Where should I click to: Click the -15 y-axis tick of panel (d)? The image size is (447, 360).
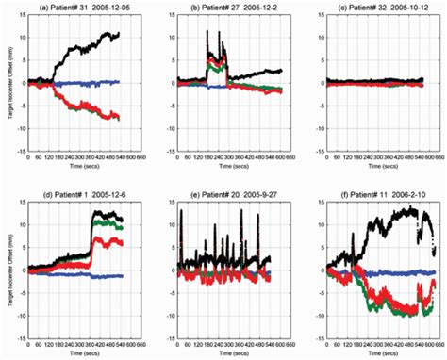[x=18, y=335]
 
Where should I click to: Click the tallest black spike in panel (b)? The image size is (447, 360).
[x=207, y=32]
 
